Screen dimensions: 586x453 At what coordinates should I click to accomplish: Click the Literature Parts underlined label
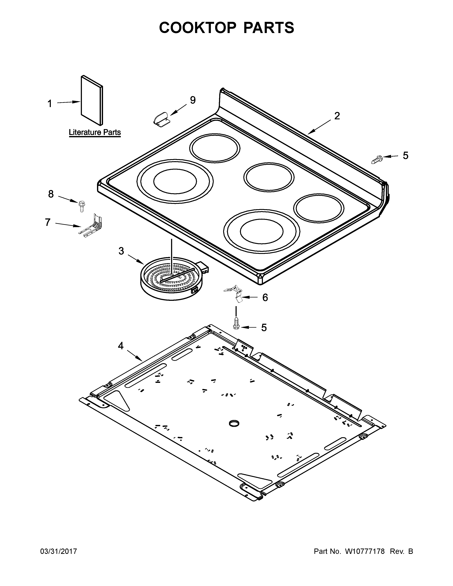pos(95,132)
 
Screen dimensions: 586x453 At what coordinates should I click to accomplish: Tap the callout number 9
pos(193,100)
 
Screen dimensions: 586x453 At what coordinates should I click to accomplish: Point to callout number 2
pos(337,116)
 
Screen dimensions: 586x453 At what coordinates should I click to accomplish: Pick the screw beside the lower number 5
pos(236,323)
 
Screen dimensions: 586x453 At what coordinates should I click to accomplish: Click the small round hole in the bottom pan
pos(234,423)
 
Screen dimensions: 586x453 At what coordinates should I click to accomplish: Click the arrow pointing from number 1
pos(68,102)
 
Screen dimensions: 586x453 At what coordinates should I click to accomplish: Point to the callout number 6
pos(265,298)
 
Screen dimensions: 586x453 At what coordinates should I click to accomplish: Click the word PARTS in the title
pos(269,28)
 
